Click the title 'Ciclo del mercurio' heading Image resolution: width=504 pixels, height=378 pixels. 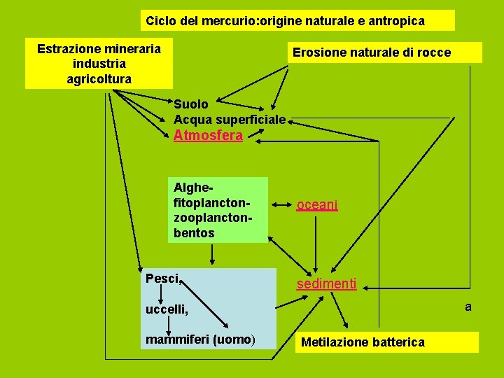click(x=285, y=21)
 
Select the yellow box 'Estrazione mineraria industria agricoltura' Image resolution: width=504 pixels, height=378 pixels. click(x=99, y=64)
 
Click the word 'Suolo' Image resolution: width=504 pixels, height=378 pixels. click(x=191, y=104)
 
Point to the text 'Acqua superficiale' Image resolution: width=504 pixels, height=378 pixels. click(x=230, y=120)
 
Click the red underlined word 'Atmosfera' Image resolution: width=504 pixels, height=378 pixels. click(x=208, y=136)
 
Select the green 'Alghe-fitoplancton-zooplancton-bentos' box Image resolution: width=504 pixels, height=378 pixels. click(x=218, y=209)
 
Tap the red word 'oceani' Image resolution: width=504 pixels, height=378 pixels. click(x=317, y=205)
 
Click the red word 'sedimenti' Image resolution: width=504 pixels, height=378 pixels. click(x=326, y=284)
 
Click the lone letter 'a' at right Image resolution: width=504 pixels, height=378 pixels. click(x=468, y=307)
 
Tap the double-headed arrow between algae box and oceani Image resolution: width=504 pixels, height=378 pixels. click(x=283, y=205)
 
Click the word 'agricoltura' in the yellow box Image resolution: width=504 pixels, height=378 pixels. click(x=99, y=79)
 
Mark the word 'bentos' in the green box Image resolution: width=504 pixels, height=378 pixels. click(x=194, y=232)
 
